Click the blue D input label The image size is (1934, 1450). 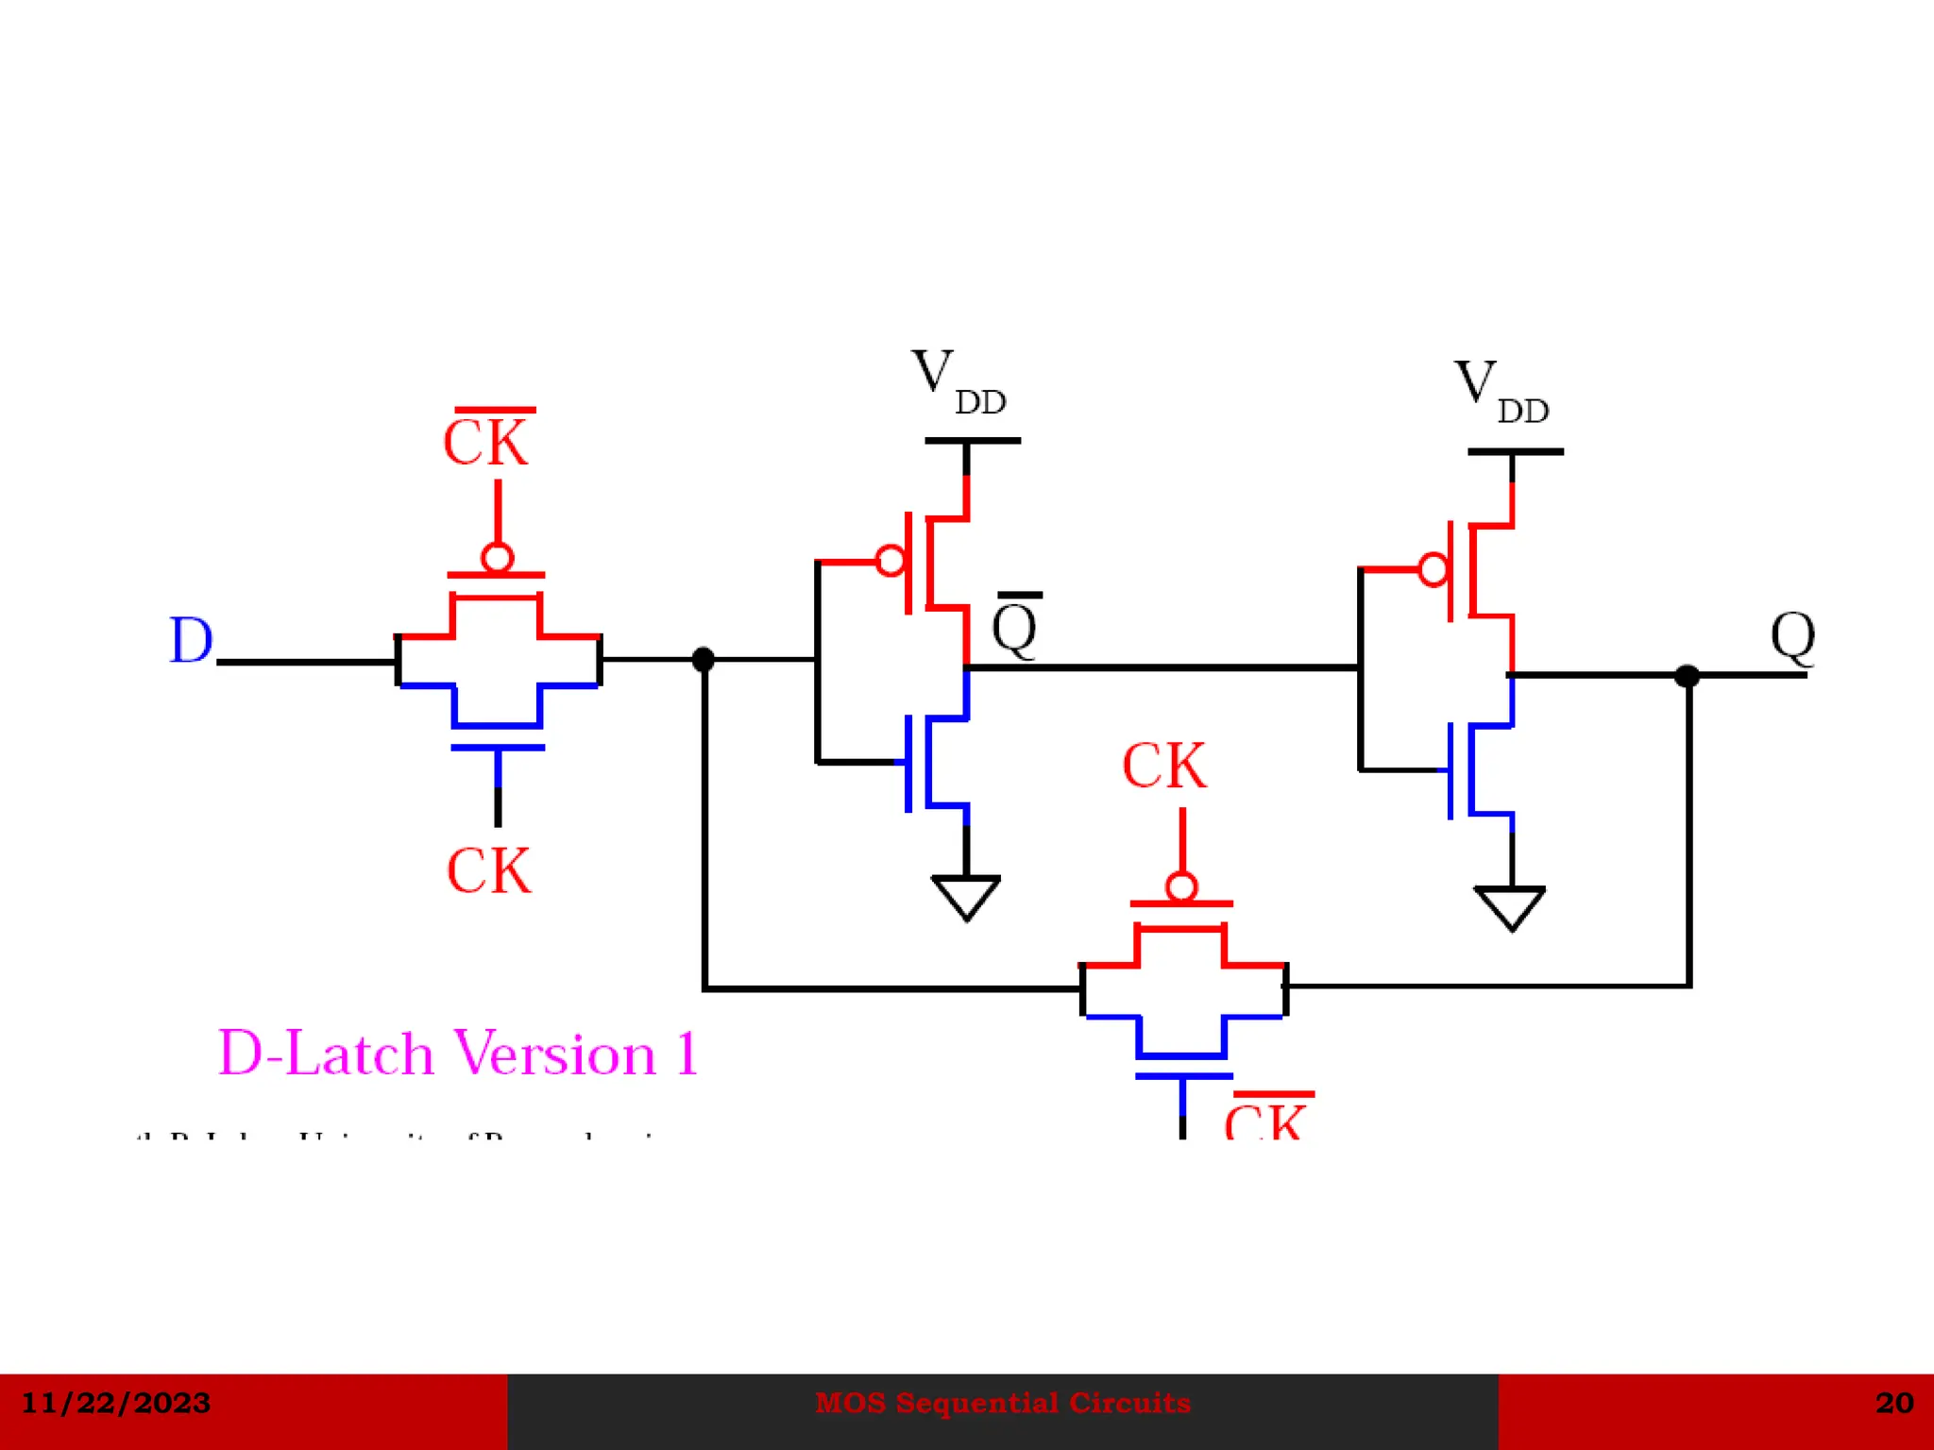click(191, 641)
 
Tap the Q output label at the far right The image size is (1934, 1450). click(1791, 636)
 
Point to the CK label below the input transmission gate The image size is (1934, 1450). click(488, 870)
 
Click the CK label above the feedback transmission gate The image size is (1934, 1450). click(1163, 765)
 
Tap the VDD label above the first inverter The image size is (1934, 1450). click(957, 381)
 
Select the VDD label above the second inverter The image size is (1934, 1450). click(1500, 392)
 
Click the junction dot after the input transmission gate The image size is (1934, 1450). click(703, 659)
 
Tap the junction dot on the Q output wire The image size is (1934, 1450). click(1687, 676)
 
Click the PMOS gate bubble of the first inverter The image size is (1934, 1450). click(891, 561)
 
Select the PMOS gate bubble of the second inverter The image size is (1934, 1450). click(1434, 569)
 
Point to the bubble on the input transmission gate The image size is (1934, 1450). click(498, 557)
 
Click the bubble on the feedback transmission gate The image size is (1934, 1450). click(1181, 886)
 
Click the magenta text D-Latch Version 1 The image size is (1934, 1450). click(458, 1053)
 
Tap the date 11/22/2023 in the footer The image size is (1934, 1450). click(115, 1403)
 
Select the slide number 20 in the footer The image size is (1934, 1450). click(1893, 1403)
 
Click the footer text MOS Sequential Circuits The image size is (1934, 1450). click(1002, 1403)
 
